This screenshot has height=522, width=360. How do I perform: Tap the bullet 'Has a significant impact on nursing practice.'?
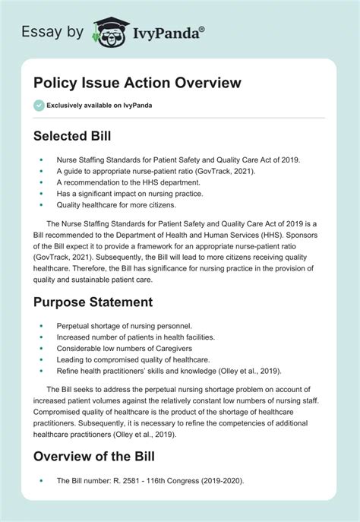pos(126,193)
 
